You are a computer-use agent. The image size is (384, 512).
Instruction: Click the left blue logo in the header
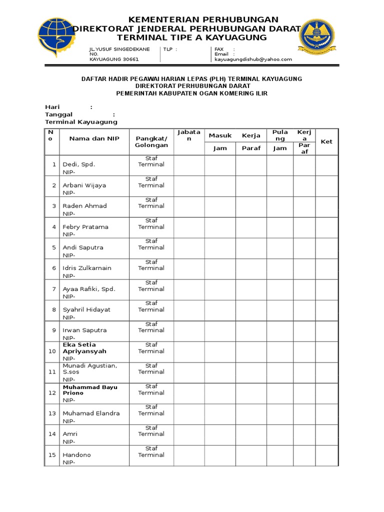coord(57,37)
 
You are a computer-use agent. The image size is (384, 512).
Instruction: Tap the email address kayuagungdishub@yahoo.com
coord(253,59)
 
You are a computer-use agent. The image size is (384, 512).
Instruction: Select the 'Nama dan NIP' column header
coord(94,138)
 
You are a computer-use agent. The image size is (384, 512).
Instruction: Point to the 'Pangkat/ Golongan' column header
coord(151,141)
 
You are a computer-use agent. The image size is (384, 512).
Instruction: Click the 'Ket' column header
coord(326,141)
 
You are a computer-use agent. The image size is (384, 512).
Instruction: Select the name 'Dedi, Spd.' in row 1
coord(78,164)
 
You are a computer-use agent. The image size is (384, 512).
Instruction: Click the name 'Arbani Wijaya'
coord(84,185)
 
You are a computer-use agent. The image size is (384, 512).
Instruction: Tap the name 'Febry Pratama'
coord(85,226)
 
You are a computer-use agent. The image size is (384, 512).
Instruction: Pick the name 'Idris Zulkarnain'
coord(87,268)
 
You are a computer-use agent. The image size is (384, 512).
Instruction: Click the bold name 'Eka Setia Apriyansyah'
coord(84,348)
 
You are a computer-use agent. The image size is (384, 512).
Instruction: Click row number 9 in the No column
coord(54,330)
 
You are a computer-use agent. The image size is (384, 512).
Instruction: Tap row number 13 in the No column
coord(52,413)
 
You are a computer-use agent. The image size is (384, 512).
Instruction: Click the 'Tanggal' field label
coord(59,114)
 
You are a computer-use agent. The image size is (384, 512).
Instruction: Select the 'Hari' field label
coord(52,107)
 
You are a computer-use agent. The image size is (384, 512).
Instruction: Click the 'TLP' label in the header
coord(168,49)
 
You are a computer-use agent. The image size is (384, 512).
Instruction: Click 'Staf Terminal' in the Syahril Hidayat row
coord(151,306)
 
